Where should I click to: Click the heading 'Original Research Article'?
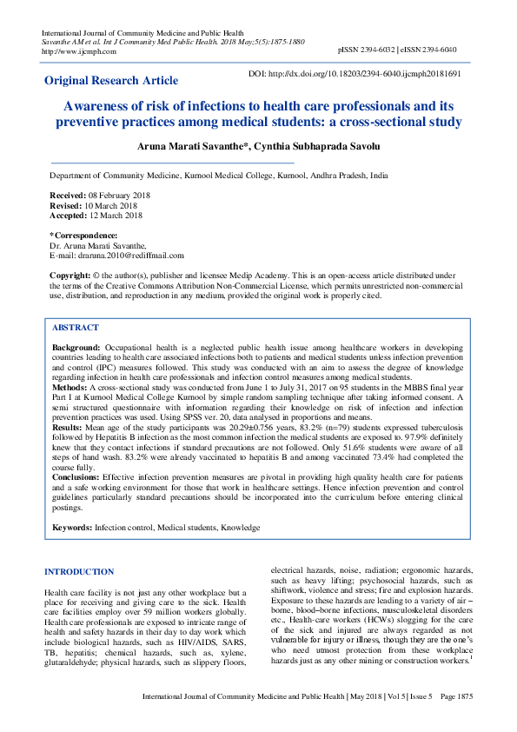point(111,81)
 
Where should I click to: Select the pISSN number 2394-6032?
point(381,51)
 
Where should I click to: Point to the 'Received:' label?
point(68,196)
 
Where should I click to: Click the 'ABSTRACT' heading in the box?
point(76,329)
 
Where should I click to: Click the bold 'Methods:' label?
point(70,385)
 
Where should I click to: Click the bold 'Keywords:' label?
point(72,527)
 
